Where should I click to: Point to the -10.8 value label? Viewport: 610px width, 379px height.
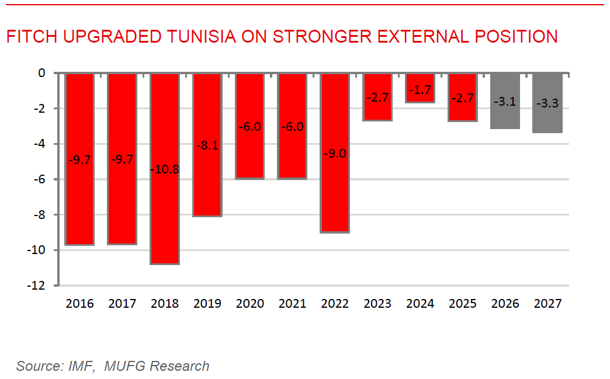tap(164, 170)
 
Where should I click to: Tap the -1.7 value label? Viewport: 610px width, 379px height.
tap(420, 90)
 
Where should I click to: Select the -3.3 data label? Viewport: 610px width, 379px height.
tap(547, 103)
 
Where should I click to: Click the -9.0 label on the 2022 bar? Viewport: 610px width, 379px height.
tap(335, 154)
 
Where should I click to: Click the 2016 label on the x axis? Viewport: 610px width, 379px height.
tap(79, 304)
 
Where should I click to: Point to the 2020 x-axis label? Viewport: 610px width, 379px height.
tap(250, 304)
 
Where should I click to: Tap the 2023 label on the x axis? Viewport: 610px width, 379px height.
tap(377, 304)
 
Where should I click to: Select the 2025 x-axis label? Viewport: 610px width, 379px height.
tap(463, 304)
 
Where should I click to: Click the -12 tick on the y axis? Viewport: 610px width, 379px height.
tap(37, 286)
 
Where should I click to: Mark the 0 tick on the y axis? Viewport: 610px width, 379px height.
tap(41, 73)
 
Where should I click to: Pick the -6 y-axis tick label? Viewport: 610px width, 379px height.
tap(40, 179)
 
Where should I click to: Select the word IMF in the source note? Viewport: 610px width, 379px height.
tap(85, 366)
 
